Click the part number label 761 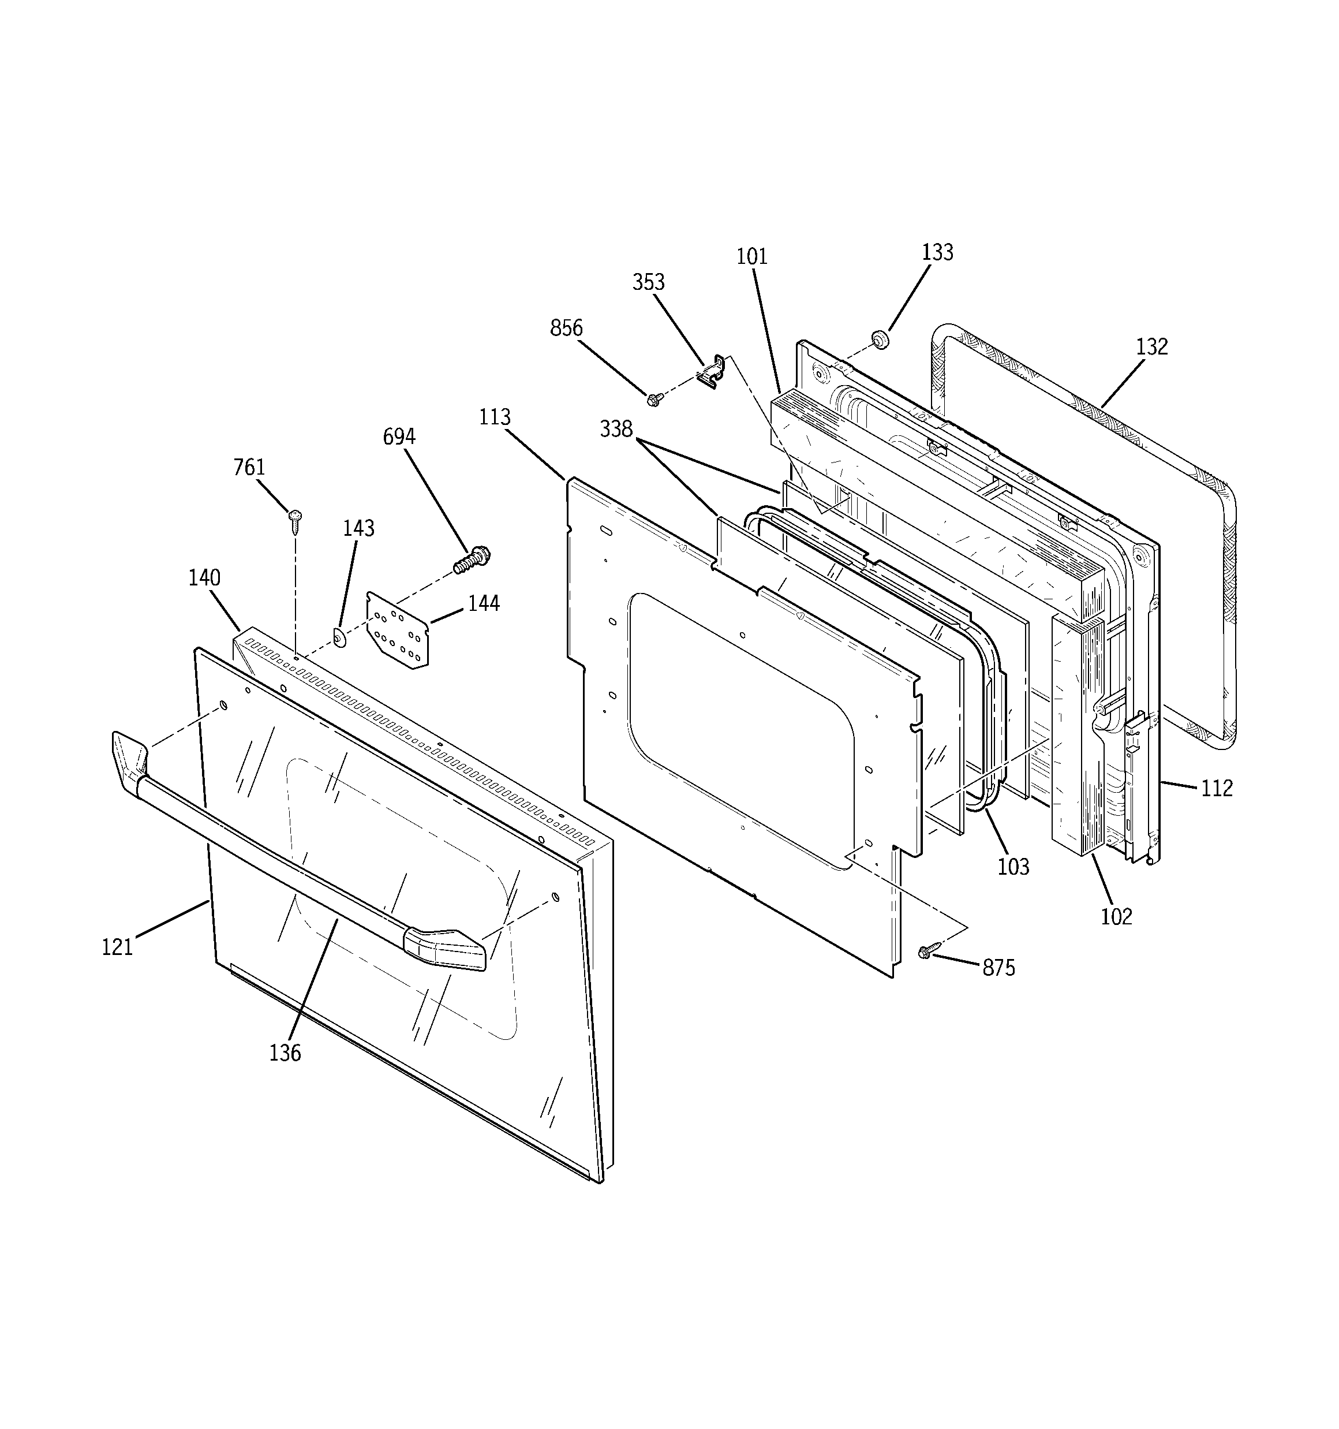click(249, 467)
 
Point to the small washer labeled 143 click(339, 637)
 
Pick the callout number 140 click(204, 578)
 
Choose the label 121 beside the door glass click(117, 947)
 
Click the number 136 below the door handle click(285, 1054)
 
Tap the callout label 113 click(495, 417)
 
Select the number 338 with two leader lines click(616, 429)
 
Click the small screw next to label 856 click(654, 399)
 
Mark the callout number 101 click(752, 256)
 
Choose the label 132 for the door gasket click(1152, 347)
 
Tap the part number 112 click(1217, 789)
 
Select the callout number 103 click(1013, 867)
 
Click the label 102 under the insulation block click(1116, 916)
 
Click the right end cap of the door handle click(446, 948)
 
